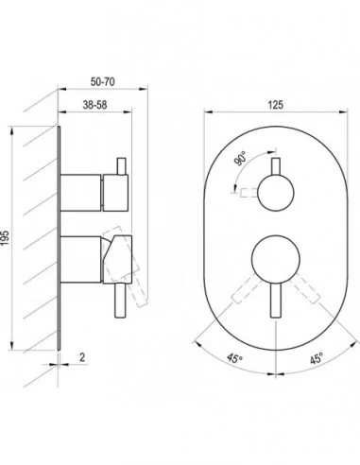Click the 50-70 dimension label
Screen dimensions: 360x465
102,82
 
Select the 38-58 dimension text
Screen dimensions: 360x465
94,105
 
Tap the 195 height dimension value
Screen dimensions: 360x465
5,238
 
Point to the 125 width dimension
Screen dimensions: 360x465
276,105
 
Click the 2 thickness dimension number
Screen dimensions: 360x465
82,357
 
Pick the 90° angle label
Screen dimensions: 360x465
240,159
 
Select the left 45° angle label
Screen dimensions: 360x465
235,358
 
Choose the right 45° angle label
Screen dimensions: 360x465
317,358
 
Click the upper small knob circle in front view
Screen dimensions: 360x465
276,193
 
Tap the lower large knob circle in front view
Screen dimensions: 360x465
276,259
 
